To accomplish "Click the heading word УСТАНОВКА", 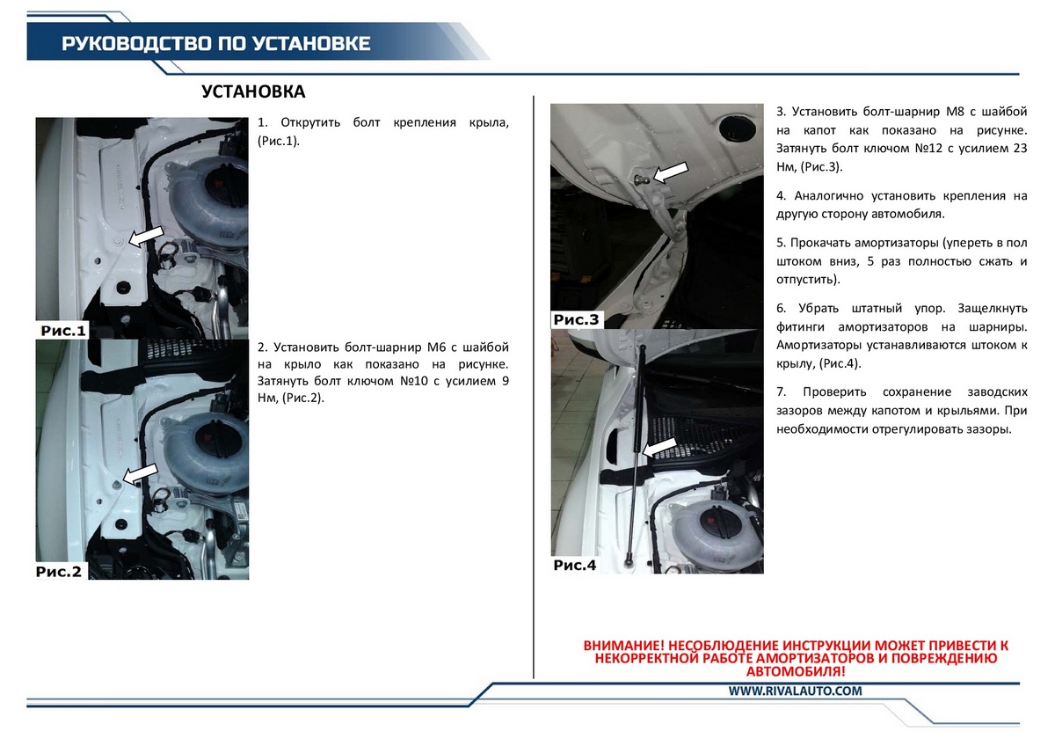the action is (253, 91).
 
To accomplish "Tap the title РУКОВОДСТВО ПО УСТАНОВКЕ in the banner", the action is (216, 44).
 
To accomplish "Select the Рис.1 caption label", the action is (63, 331).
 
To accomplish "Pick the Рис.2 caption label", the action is (59, 572).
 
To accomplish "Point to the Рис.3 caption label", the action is (576, 319).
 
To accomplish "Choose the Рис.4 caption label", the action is (575, 565).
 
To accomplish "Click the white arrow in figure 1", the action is (146, 236).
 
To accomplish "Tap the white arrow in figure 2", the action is (141, 473).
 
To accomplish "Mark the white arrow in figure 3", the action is (671, 172).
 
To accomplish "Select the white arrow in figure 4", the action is (659, 447).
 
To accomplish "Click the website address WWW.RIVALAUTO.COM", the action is (795, 691).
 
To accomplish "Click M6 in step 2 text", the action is (436, 347).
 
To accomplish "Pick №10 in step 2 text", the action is (413, 381).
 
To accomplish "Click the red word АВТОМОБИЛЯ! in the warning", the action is (796, 671).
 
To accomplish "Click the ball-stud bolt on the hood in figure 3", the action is (641, 179).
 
